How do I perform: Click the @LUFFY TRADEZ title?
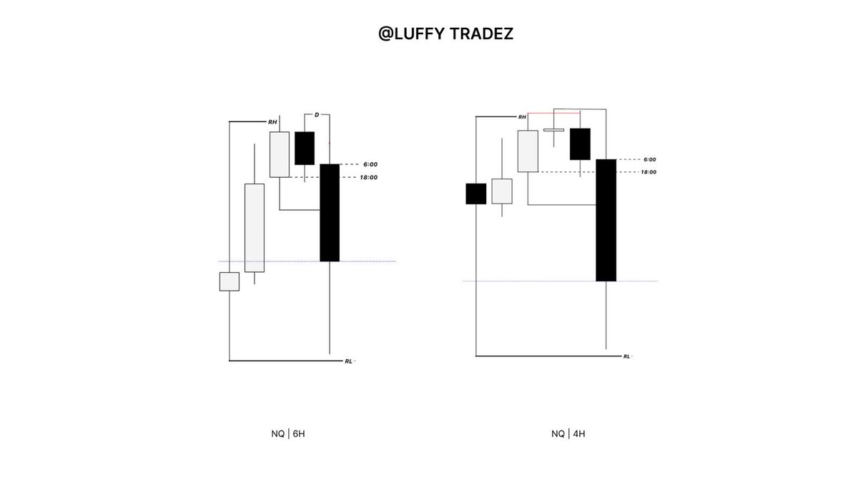click(445, 34)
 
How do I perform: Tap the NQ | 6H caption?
click(288, 433)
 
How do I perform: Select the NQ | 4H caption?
click(568, 433)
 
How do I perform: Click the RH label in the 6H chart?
click(272, 122)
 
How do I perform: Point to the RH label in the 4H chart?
click(522, 116)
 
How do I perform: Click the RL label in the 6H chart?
click(348, 361)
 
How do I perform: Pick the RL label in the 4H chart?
click(626, 356)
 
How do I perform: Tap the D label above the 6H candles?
click(317, 115)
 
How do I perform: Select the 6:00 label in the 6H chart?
click(370, 164)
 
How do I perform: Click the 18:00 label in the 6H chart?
click(368, 178)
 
